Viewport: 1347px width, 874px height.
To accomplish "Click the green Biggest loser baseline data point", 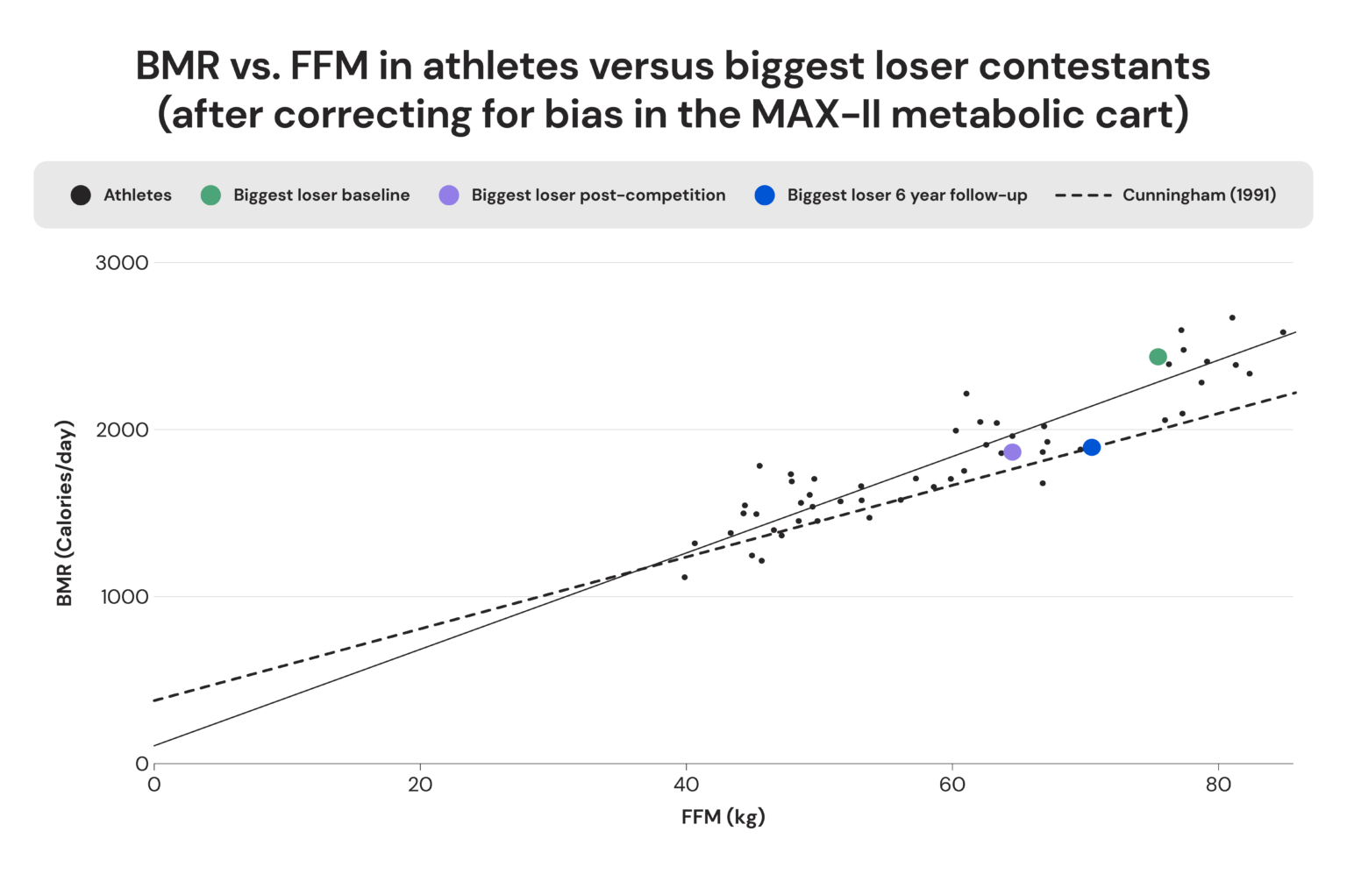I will click(x=1158, y=357).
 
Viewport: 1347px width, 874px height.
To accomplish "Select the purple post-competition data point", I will click(x=1012, y=452).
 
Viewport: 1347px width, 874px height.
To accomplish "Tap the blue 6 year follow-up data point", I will click(x=1091, y=448).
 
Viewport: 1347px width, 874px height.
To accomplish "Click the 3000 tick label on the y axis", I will click(x=122, y=263).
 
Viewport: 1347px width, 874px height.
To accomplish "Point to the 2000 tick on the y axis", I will click(x=122, y=430).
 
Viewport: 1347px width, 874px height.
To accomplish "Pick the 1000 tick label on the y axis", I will click(x=124, y=597).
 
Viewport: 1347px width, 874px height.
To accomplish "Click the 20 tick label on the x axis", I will click(x=420, y=785).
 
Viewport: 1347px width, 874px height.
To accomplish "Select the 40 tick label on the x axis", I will click(x=686, y=785).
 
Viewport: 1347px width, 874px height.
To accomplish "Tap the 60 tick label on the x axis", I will click(x=951, y=785).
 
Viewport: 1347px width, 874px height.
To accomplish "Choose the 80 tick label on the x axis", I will click(x=1218, y=785).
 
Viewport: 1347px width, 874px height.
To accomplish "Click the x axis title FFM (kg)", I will click(x=723, y=817).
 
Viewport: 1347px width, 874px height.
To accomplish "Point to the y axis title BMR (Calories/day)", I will click(x=64, y=514).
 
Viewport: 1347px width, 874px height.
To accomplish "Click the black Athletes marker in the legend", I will click(x=81, y=195).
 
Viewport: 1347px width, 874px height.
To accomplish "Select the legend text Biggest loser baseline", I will click(x=321, y=195).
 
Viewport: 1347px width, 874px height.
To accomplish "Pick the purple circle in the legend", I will click(x=449, y=195).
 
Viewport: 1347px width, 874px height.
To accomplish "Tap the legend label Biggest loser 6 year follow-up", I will click(x=907, y=195).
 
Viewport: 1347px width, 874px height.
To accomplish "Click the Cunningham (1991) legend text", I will click(x=1199, y=195).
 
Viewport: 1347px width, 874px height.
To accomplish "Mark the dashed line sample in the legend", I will click(x=1083, y=195).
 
